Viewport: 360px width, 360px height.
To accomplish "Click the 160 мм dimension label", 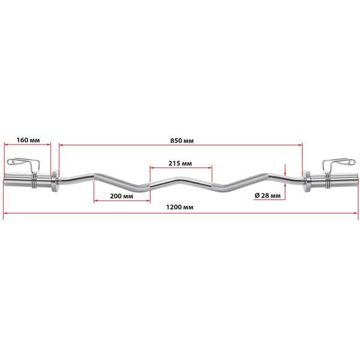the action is pos(28,140).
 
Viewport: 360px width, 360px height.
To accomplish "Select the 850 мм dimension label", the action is pos(182,140).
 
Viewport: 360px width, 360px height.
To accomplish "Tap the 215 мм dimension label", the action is pos(180,163).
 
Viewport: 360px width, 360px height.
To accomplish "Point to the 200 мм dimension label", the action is pos(122,196).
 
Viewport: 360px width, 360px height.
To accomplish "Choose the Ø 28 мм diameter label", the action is pos(268,196).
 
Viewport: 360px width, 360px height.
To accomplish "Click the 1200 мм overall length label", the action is pos(180,208).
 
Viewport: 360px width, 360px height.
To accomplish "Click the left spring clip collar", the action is pos(23,169).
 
